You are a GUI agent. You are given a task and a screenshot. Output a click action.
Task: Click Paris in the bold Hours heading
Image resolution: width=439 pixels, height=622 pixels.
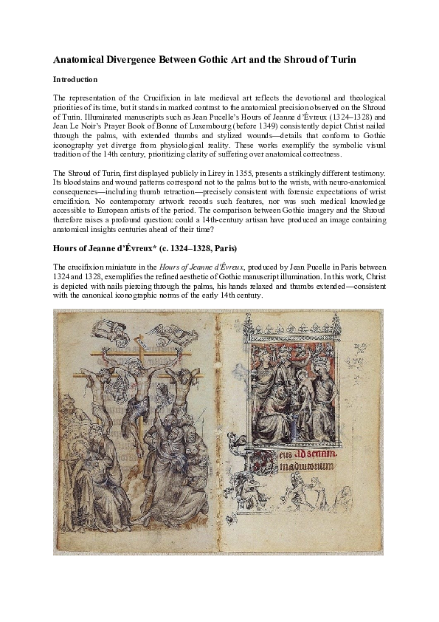(227, 267)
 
